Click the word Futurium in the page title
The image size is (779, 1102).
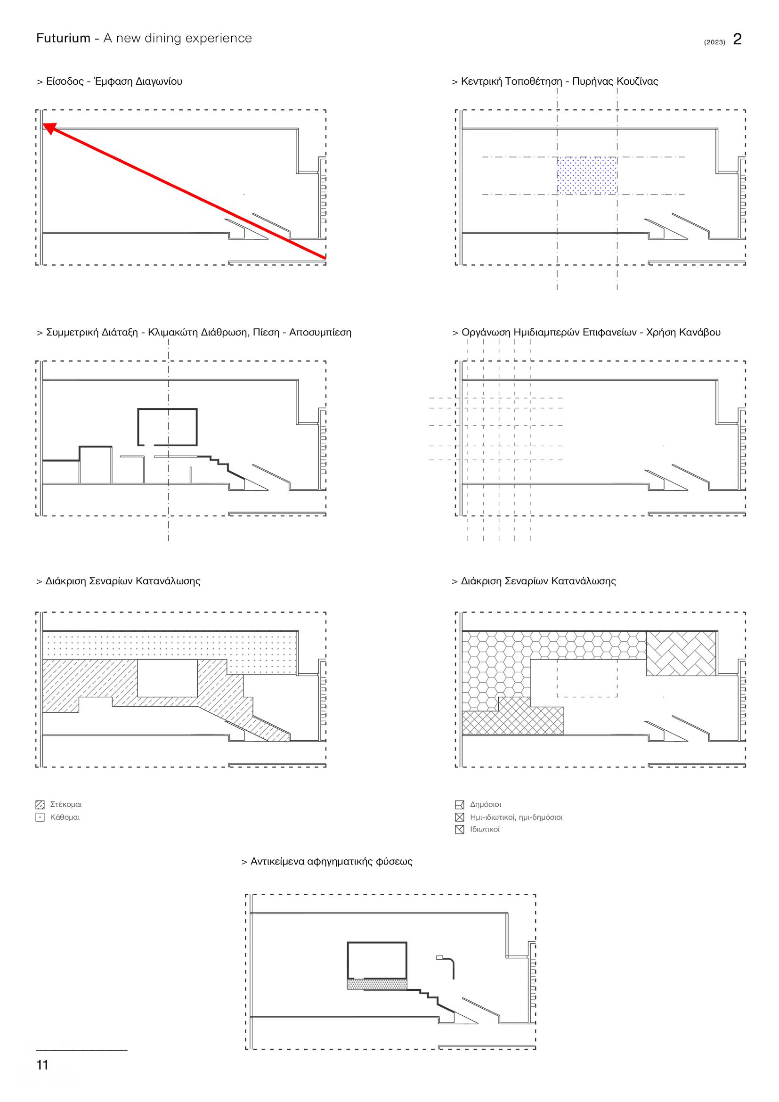click(63, 38)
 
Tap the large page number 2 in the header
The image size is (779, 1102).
click(737, 39)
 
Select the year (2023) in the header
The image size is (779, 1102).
click(714, 42)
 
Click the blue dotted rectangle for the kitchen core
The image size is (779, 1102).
click(587, 176)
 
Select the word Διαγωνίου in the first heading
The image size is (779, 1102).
click(159, 82)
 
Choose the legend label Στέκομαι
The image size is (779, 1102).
click(66, 804)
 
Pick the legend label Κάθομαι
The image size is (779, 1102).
click(65, 817)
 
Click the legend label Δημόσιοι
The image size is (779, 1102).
click(486, 804)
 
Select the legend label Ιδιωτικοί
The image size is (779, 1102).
click(485, 829)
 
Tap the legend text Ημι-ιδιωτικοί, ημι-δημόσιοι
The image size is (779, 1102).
click(516, 817)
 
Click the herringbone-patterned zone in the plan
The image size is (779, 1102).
click(681, 653)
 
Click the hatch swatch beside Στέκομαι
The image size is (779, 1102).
click(41, 805)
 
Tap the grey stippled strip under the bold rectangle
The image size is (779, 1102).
click(377, 985)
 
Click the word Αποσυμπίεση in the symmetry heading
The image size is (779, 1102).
click(320, 332)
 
